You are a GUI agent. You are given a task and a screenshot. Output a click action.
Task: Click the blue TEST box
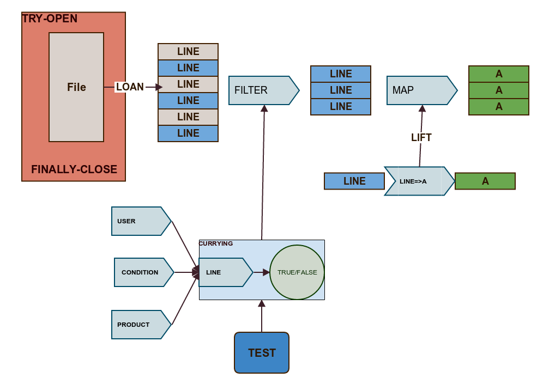point(262,353)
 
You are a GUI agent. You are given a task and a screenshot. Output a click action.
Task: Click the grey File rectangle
point(76,87)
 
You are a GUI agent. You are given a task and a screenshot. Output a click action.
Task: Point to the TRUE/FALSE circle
point(297,272)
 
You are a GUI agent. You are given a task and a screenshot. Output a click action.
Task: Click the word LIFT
point(421,138)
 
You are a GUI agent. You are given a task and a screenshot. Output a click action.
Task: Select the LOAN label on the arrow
point(130,87)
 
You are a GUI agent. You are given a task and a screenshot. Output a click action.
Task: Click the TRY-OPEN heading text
point(50,19)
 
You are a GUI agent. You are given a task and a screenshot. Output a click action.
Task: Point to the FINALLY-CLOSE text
point(74,169)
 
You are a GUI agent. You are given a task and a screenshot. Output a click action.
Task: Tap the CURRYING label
point(216,243)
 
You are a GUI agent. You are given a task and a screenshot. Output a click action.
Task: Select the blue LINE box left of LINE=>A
point(354,181)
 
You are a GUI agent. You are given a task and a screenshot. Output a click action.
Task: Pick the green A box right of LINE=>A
point(485,181)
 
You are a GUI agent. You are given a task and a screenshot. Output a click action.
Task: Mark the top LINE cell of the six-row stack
point(188,52)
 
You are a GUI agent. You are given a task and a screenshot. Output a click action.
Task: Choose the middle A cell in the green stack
point(499,90)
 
